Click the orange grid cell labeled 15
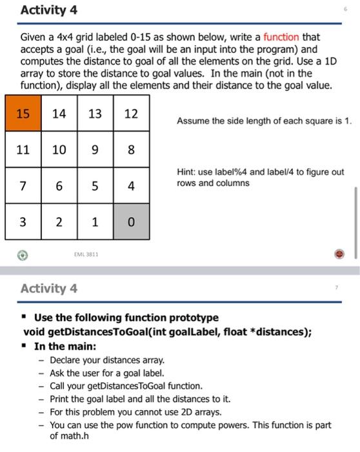pyautogui.click(x=23, y=114)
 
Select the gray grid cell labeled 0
pyautogui.click(x=131, y=222)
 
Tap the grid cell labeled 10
pyautogui.click(x=59, y=150)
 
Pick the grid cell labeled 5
pyautogui.click(x=95, y=186)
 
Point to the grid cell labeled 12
pyautogui.click(x=131, y=114)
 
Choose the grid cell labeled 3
pyautogui.click(x=23, y=222)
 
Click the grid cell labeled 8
pyautogui.click(x=131, y=150)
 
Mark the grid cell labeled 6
pyautogui.click(x=59, y=186)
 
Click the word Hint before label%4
pyautogui.click(x=186, y=172)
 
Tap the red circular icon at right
pyautogui.click(x=339, y=254)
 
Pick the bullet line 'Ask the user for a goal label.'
pyautogui.click(x=98, y=373)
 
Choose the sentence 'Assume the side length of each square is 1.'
pyautogui.click(x=264, y=120)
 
